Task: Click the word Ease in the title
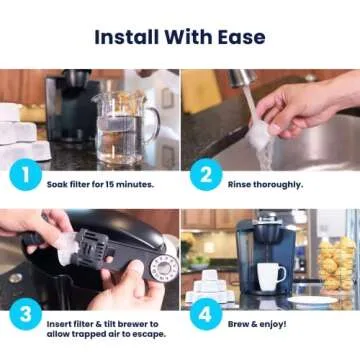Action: pyautogui.click(x=241, y=38)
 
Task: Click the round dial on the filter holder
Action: pyautogui.click(x=163, y=266)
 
